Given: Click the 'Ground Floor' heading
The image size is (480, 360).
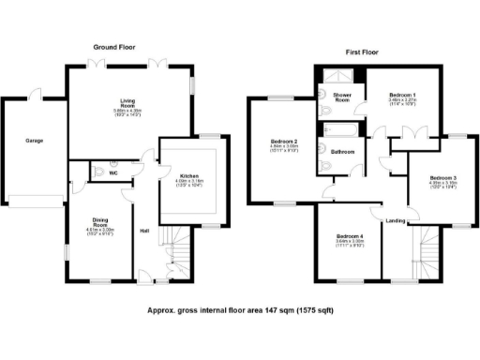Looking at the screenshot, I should pos(115,46).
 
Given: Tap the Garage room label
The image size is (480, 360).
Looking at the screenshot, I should pos(33,141).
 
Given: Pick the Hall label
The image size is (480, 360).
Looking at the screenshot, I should pos(145,231).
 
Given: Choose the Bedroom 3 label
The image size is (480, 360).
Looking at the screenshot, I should pos(444,178).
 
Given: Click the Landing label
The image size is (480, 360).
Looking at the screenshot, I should pos(396,220).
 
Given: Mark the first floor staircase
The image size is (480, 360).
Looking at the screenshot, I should pos(429,251).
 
